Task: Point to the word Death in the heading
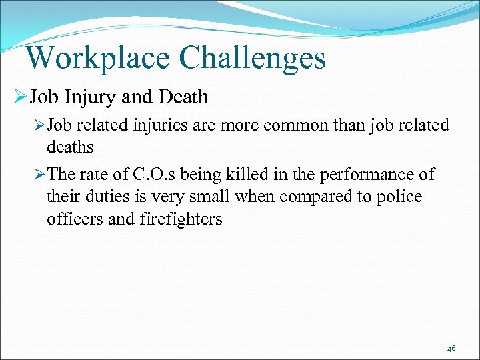coord(183,97)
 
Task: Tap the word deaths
coord(70,146)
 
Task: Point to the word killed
coord(257,175)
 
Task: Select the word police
coord(399,197)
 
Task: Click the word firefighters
coord(180,219)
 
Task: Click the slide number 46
coord(451,349)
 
